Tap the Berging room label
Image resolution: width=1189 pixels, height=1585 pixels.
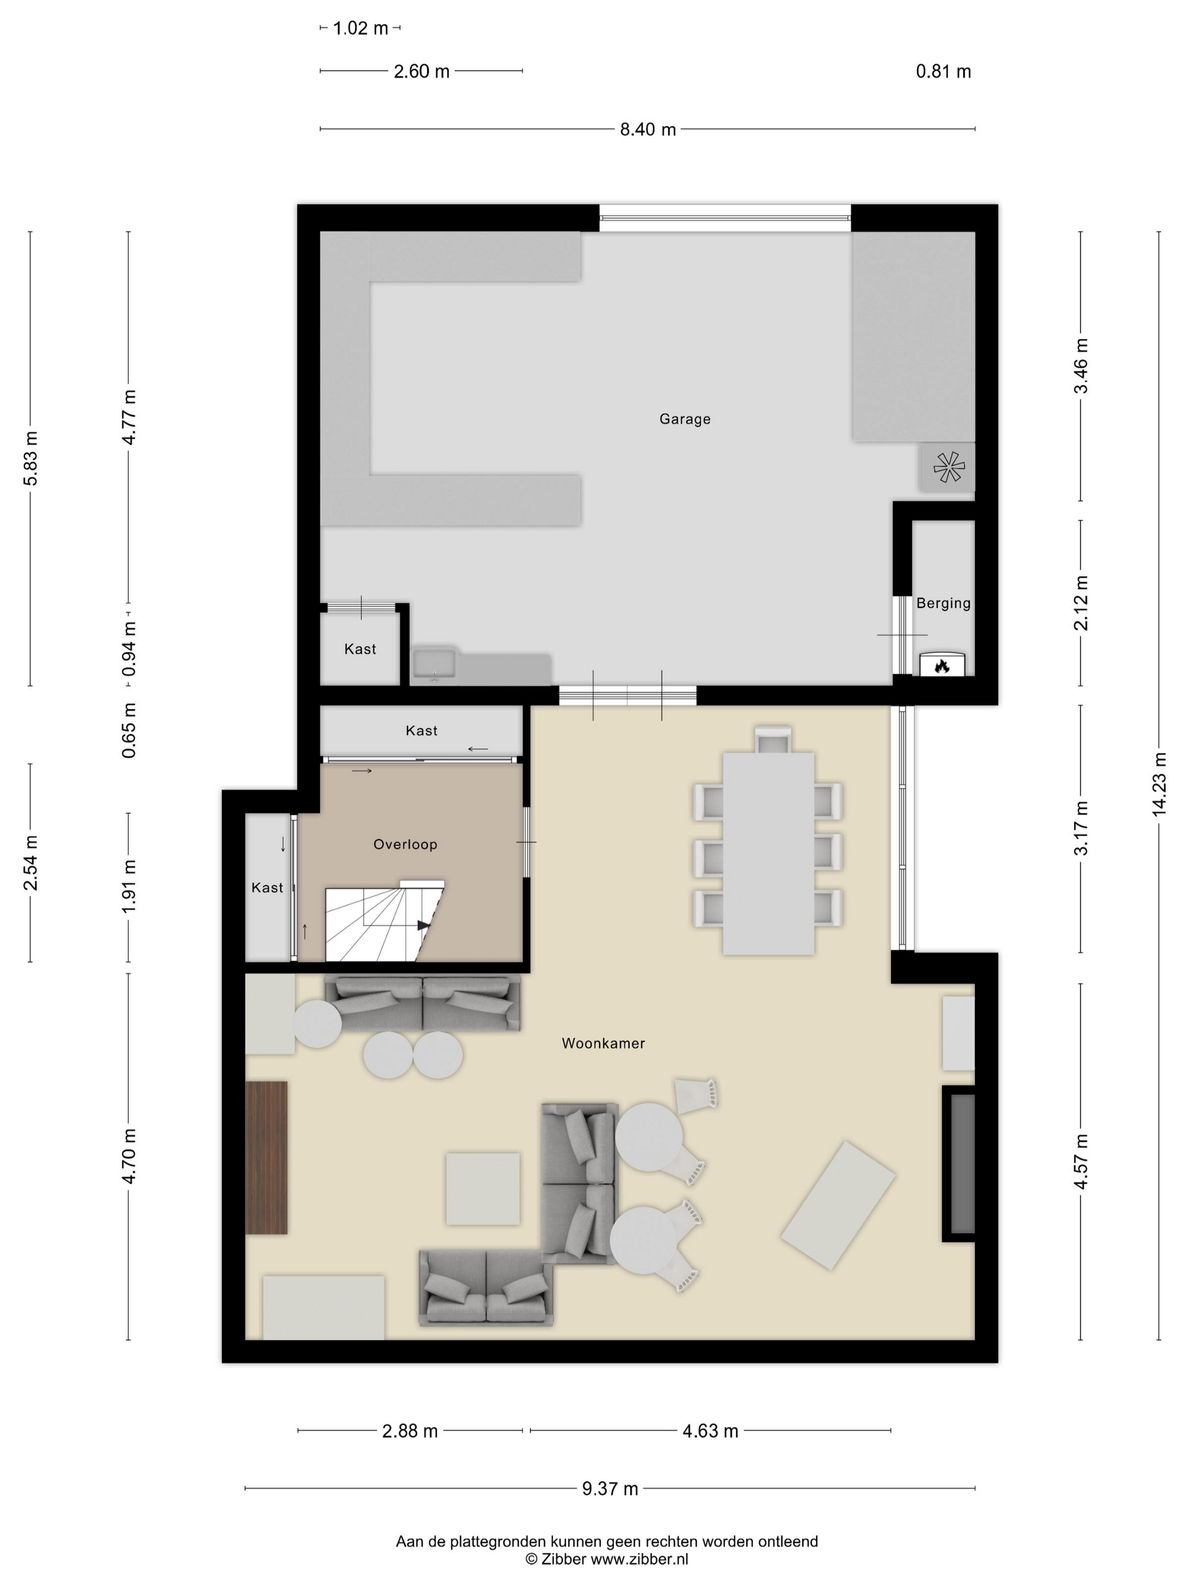click(x=943, y=603)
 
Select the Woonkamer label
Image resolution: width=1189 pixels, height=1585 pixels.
click(x=603, y=1043)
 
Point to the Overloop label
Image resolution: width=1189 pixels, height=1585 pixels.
click(x=405, y=844)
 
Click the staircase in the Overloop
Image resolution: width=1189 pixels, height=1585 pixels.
click(x=384, y=921)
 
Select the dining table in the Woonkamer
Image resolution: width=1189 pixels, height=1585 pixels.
click(x=768, y=854)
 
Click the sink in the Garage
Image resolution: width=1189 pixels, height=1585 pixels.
click(x=434, y=662)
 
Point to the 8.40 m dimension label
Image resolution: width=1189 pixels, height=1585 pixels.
click(x=648, y=129)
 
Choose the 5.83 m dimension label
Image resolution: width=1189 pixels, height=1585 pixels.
click(x=31, y=458)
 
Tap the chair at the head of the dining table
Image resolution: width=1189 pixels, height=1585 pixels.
click(x=774, y=739)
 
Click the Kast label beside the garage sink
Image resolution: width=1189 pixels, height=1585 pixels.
click(x=360, y=649)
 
